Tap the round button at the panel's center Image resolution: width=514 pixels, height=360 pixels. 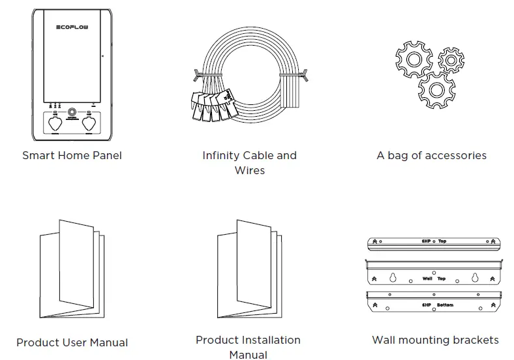(72, 105)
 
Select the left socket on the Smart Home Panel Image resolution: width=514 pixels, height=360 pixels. (55, 122)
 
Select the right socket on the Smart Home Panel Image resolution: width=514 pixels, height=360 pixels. (89, 122)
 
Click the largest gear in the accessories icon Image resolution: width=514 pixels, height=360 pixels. (436, 89)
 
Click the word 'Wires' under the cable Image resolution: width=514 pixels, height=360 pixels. (249, 171)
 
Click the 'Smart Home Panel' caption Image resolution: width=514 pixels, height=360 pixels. (72, 156)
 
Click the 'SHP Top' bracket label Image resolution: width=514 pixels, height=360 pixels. (434, 241)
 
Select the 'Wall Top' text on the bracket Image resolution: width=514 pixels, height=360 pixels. (434, 278)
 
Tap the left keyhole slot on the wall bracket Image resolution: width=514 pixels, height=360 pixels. (393, 277)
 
